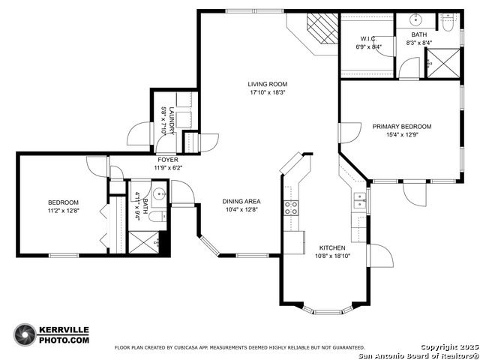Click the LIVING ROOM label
click(267, 84)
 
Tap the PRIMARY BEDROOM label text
click(402, 127)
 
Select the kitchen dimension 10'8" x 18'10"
click(332, 256)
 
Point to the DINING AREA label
click(241, 202)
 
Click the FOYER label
click(168, 160)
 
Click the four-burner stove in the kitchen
click(291, 208)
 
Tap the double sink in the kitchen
click(360, 200)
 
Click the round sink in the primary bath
click(416, 20)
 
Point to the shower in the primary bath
click(443, 63)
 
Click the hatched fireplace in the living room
click(322, 28)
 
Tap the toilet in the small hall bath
click(157, 217)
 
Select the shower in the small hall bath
click(144, 242)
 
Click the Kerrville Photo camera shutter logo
click(25, 334)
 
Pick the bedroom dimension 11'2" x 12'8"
click(64, 211)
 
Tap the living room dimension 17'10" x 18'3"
click(268, 92)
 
